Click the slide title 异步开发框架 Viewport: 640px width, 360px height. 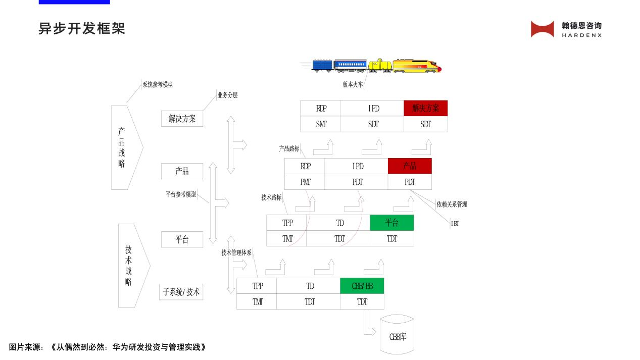pos(82,29)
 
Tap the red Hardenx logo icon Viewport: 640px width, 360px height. pos(543,29)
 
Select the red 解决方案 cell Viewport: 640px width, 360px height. pos(425,109)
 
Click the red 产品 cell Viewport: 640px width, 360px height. pos(410,166)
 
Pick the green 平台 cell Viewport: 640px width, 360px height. pos(391,223)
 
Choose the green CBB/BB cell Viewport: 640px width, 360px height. pos(362,286)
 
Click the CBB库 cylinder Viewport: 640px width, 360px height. pos(397,334)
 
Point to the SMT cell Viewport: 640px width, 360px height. pos(320,124)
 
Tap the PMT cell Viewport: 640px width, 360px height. pos(305,182)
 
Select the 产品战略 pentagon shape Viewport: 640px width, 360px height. pos(124,147)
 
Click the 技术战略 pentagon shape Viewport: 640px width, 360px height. pos(130,266)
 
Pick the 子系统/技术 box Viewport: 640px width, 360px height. pos(181,292)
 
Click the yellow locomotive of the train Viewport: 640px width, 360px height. pos(416,66)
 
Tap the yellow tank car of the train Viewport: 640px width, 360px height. pos(380,66)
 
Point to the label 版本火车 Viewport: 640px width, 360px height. pos(353,85)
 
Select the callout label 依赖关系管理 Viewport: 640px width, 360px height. pos(452,204)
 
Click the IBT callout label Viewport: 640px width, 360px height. pos(455,224)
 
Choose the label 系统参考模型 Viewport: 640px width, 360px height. pos(157,85)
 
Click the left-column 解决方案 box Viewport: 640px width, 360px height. pos(182,119)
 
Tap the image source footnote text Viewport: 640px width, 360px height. pos(108,347)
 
